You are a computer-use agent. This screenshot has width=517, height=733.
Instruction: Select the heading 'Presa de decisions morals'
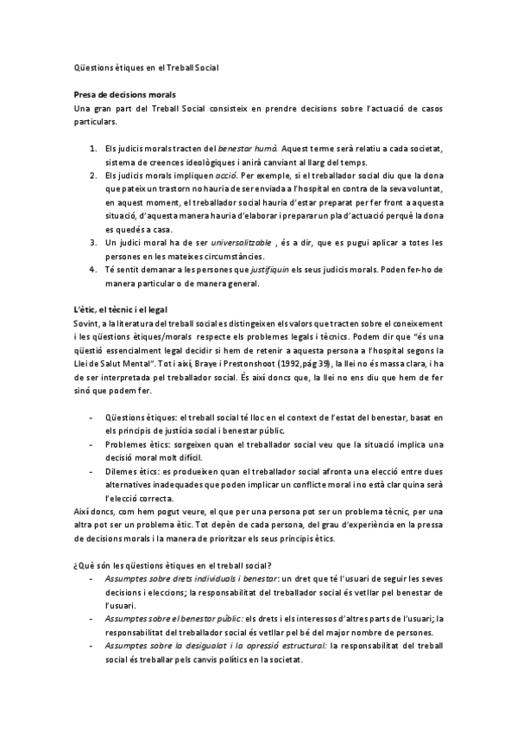tap(125, 93)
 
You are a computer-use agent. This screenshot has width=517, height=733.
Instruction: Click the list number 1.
tap(93, 150)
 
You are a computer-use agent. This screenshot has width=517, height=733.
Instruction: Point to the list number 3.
tap(93, 242)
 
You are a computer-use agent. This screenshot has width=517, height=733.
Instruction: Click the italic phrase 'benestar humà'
tap(253, 150)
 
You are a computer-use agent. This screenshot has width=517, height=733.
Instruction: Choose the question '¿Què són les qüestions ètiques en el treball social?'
tap(173, 564)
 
